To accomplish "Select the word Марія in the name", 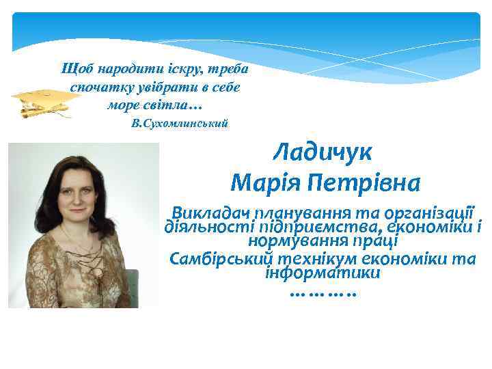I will pos(264,183).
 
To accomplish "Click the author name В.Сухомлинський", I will pos(179,124).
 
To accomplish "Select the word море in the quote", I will pos(124,106).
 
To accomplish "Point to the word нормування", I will pos(290,241).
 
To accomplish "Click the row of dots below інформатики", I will pos(323,295).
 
